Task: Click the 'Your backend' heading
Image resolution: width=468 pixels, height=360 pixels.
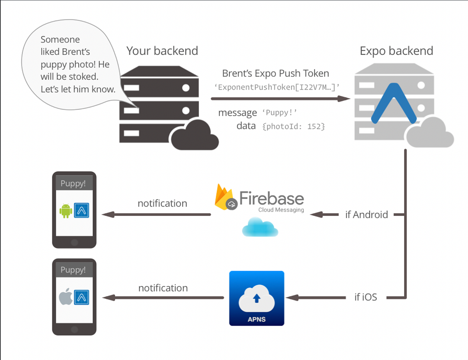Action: click(x=162, y=51)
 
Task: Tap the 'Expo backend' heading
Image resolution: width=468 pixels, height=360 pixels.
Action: click(x=396, y=51)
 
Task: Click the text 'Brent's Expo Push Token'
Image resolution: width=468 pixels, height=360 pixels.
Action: click(x=275, y=73)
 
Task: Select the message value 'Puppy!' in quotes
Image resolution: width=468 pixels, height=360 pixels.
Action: click(x=280, y=113)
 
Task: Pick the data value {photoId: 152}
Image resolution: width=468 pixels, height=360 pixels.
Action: click(x=294, y=126)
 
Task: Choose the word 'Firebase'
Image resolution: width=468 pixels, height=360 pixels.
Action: click(x=271, y=198)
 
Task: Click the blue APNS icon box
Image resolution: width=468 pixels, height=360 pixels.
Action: click(x=257, y=298)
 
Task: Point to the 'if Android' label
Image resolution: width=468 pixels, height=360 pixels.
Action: click(x=366, y=215)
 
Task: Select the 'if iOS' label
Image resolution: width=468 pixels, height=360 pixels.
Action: click(x=365, y=297)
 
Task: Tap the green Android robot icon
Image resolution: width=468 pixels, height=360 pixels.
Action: click(x=66, y=210)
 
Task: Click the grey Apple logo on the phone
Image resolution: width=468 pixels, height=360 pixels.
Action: click(x=65, y=297)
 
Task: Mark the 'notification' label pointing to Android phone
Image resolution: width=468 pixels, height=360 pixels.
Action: click(x=162, y=203)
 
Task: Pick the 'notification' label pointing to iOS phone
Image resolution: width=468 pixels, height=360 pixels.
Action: click(x=163, y=288)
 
